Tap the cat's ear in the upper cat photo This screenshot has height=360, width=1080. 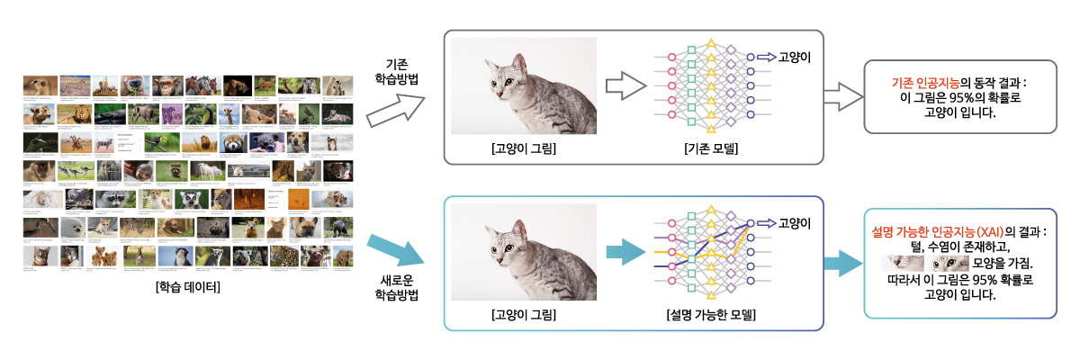(x=520, y=65)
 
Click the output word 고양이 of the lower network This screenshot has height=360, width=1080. (x=795, y=223)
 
